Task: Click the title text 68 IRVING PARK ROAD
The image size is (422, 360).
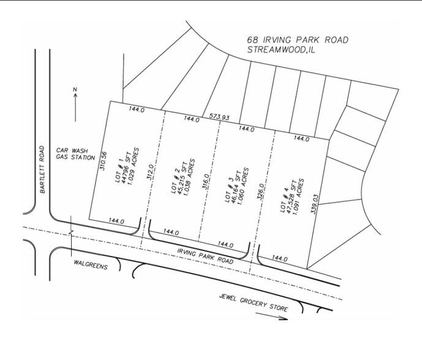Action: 298,40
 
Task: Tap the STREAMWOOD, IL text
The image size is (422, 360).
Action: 282,50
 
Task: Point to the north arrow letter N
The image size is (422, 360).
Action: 75,92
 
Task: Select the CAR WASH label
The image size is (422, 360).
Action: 70,150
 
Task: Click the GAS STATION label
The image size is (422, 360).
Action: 75,157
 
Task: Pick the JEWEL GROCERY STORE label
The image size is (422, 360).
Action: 254,302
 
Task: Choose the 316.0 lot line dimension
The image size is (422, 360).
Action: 206,183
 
